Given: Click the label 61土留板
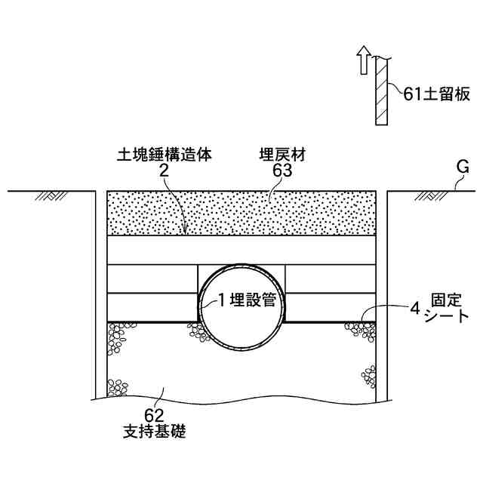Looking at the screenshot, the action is coord(437,94).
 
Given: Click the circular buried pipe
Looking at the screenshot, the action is coord(241,332).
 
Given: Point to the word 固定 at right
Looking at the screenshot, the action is coord(445,301).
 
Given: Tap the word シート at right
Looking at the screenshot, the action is coord(446,317).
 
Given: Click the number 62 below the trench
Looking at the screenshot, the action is coord(154,416).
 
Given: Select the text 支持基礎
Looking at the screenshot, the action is coord(154,432).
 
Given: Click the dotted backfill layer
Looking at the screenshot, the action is coord(241,214).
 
